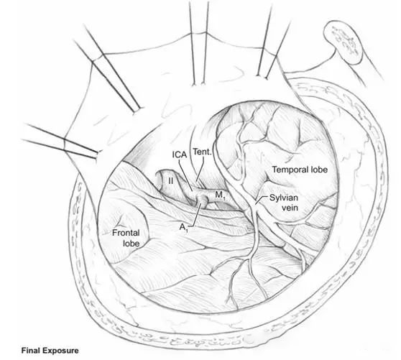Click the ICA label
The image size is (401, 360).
(180, 154)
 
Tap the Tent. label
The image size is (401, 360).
(203, 152)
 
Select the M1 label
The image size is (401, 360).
(220, 195)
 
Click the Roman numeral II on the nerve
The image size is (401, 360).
(170, 181)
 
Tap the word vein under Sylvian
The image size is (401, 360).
(290, 208)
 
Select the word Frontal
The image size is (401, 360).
(126, 233)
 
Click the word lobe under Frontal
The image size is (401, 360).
(132, 243)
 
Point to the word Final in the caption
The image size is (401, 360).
(30, 350)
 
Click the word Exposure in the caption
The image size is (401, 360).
(60, 351)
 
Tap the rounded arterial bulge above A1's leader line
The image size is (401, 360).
(203, 199)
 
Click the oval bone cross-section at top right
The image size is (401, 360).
(344, 42)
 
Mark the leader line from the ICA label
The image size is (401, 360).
(186, 175)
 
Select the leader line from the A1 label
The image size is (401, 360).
(195, 215)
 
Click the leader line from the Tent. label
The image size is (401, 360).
(200, 170)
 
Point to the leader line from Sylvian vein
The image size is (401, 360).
(262, 200)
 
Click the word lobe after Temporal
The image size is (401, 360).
(318, 170)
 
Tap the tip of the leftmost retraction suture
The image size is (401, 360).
(98, 154)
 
